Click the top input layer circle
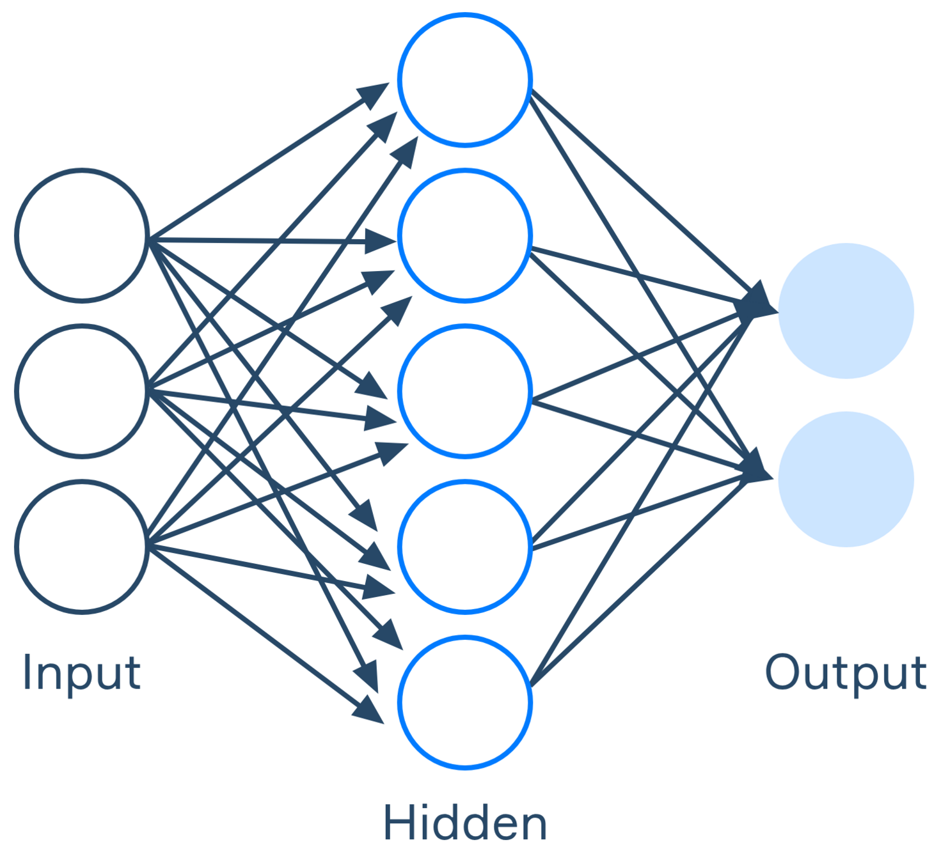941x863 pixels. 82,235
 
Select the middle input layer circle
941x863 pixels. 82,391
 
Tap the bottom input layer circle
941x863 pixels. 82,547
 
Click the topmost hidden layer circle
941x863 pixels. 465,80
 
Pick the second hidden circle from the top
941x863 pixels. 465,235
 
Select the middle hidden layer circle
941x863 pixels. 465,391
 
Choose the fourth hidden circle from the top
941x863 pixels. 465,547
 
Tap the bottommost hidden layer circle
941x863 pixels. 465,702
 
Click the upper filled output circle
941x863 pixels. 846,311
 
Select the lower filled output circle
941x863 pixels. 846,479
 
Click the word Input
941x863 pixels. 81,673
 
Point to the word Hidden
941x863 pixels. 465,823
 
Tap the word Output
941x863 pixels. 846,673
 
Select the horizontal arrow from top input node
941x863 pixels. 269,240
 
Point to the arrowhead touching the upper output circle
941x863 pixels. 759,306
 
